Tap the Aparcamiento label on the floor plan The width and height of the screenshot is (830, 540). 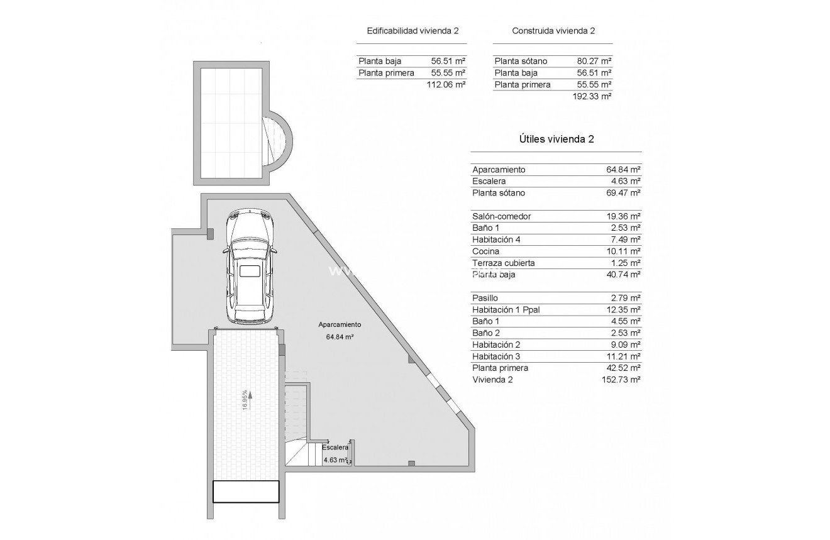click(340, 325)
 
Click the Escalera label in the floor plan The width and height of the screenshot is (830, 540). click(335, 448)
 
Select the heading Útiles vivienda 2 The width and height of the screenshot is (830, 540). click(556, 140)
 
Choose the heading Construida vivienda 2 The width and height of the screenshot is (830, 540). click(553, 31)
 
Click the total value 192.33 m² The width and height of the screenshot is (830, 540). click(592, 96)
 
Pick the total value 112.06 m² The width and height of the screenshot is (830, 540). click(446, 84)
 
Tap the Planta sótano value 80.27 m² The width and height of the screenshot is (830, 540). click(594, 61)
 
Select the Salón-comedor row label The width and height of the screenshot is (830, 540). click(501, 216)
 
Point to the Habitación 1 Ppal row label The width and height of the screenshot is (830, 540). click(506, 310)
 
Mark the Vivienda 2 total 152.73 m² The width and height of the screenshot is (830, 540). click(621, 380)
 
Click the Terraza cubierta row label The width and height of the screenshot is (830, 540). click(503, 263)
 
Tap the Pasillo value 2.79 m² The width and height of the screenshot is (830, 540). click(624, 298)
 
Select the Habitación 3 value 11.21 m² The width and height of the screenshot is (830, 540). click(621, 356)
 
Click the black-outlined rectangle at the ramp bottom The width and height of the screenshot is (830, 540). click(245, 492)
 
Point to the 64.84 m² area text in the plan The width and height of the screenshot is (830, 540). click(340, 337)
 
